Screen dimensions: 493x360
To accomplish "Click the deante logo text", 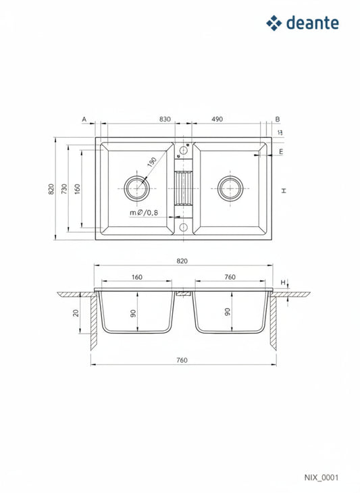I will (x=312, y=23).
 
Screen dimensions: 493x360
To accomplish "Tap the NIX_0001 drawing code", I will (x=322, y=477).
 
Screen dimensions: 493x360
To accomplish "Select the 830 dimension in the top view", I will (x=165, y=119).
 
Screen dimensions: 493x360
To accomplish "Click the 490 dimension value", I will (x=217, y=119).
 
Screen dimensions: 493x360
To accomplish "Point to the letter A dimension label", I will (x=84, y=119).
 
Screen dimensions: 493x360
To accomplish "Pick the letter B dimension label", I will (x=277, y=119).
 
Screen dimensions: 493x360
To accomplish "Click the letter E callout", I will (x=280, y=153).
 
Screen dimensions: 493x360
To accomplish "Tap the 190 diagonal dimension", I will (x=152, y=162).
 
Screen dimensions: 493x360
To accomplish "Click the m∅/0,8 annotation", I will (x=143, y=213).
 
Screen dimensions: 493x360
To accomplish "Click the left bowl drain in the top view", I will (x=136, y=188).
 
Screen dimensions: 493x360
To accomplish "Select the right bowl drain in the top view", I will (x=230, y=188).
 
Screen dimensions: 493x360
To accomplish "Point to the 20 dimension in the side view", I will (x=76, y=313).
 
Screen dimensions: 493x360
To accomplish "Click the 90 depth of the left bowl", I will (x=134, y=313).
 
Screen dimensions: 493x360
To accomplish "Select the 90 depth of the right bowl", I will (x=228, y=313).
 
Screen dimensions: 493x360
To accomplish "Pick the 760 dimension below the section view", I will (x=181, y=360).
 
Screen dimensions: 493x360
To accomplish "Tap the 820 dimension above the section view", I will (x=181, y=261).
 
